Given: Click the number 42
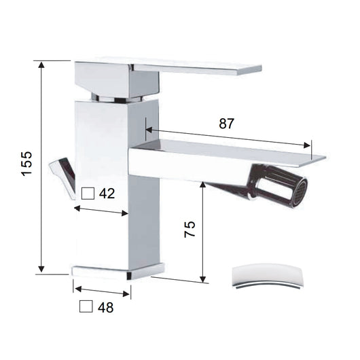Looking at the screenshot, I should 107,194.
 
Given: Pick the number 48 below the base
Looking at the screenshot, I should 105,307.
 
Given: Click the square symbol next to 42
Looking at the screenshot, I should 87,193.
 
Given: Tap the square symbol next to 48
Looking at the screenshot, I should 86,306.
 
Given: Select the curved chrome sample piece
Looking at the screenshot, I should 266,277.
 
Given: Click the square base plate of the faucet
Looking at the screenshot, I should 119,271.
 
